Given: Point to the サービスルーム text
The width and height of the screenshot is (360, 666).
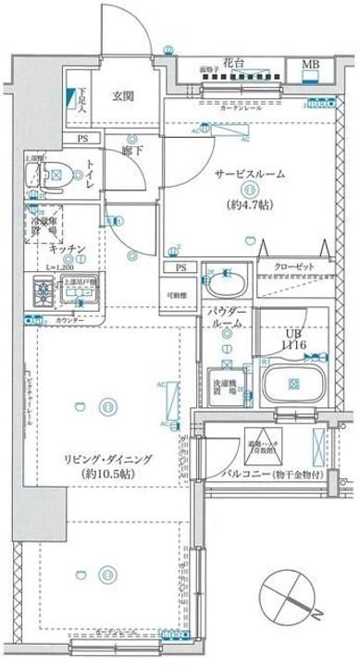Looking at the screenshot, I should click(x=250, y=174).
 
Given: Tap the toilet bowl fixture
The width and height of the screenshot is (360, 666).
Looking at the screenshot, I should click(x=56, y=171).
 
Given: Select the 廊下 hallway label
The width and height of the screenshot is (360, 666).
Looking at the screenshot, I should click(x=130, y=146).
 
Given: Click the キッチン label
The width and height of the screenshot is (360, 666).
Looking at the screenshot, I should click(x=68, y=249).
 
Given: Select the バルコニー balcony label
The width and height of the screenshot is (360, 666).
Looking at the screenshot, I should click(x=278, y=474).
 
